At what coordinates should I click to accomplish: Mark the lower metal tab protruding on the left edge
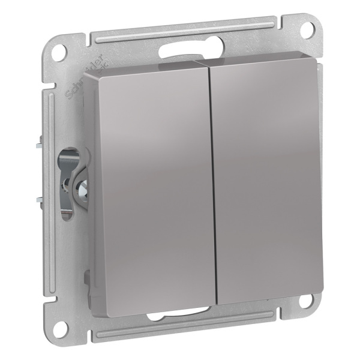coord(38,200)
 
